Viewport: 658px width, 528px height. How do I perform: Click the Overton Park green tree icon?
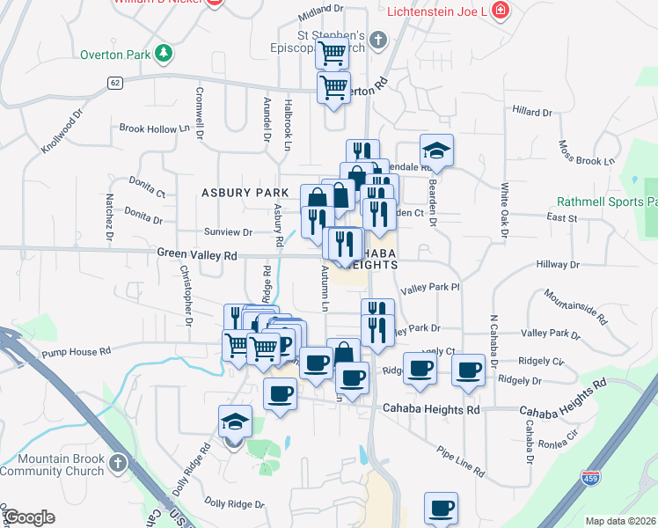163,54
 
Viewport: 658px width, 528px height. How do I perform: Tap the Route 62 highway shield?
115,82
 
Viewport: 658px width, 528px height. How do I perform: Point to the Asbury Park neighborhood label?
245,192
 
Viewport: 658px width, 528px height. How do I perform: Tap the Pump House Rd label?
76,351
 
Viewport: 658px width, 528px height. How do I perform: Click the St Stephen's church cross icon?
378,40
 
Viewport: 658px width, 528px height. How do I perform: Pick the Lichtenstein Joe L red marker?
501,11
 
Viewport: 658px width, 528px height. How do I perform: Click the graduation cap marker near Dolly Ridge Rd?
235,422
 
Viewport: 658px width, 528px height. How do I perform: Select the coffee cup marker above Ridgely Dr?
469,370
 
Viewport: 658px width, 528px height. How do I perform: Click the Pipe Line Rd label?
460,460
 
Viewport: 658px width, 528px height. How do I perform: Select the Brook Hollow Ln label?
155,128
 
